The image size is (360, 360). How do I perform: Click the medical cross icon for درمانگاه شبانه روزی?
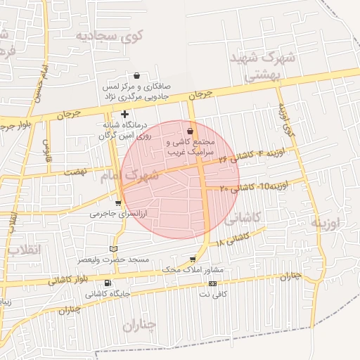[125, 114]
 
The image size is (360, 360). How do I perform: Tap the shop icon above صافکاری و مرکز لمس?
[136, 75]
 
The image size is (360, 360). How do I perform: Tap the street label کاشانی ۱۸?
[234, 240]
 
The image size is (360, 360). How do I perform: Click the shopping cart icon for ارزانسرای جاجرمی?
[117, 203]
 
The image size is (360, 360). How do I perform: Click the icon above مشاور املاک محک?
[193, 259]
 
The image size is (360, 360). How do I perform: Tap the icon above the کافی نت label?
[212, 284]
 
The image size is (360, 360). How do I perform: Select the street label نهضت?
[74, 172]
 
